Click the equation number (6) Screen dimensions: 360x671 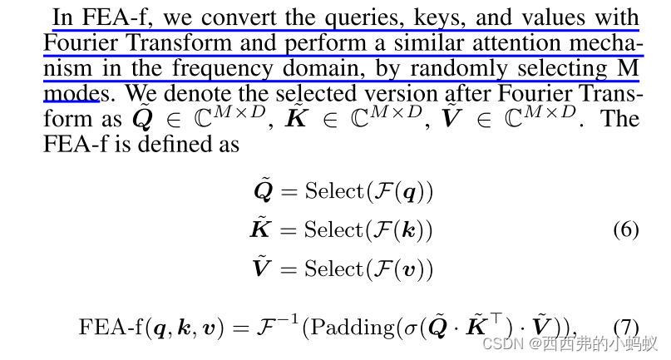click(x=625, y=229)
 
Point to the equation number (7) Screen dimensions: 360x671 click(x=625, y=326)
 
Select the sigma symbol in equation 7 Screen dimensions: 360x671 click(x=412, y=327)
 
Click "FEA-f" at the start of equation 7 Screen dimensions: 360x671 click(x=110, y=326)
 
